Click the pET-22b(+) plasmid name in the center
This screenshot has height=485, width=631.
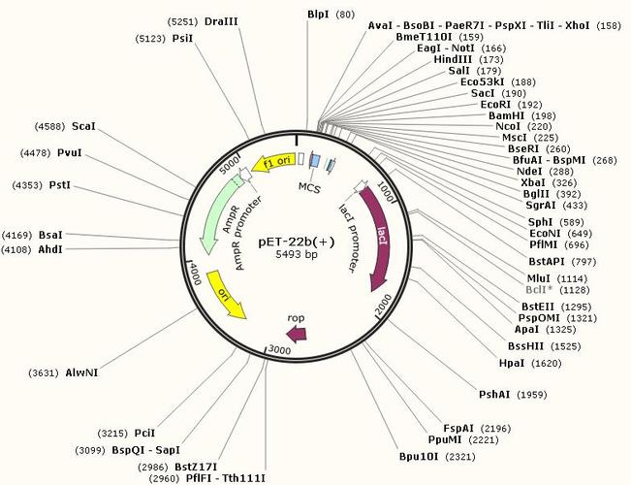(297, 242)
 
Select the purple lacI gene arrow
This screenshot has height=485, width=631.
(380, 238)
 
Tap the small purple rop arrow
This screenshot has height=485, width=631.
(297, 334)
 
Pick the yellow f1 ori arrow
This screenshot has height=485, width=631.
(272, 163)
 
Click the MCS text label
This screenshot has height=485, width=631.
(309, 188)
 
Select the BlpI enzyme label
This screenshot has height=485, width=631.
(318, 15)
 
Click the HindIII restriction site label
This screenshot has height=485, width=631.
(453, 59)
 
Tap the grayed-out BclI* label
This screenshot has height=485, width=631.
(539, 290)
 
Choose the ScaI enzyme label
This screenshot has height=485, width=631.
(83, 126)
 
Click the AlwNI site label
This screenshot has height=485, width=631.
(81, 373)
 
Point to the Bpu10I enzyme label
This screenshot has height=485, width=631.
(419, 457)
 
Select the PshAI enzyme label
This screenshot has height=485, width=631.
(494, 395)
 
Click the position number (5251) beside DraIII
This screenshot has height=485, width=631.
(182, 21)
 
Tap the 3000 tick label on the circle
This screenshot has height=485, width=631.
(279, 350)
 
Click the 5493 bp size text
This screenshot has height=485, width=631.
(297, 254)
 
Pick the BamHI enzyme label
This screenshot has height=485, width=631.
(507, 116)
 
